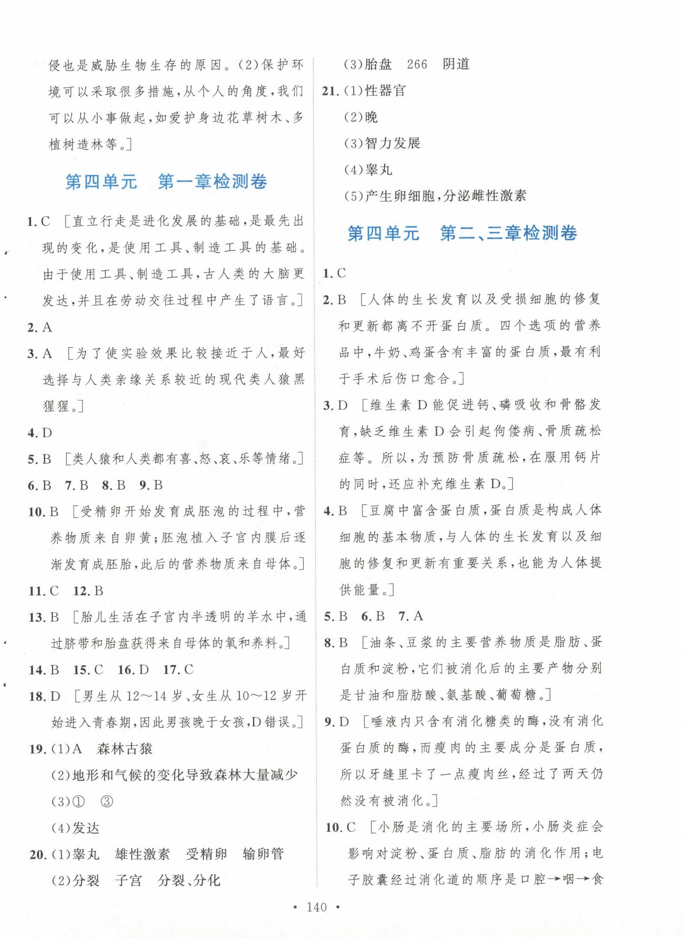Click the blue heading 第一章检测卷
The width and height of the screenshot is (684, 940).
212,182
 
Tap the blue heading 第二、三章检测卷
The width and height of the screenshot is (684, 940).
508,233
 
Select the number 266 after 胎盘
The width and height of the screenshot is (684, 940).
417,64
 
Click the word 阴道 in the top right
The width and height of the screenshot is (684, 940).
456,64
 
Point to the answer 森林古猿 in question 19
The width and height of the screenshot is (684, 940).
125,748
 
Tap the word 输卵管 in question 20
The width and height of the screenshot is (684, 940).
263,854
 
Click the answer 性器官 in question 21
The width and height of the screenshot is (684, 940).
385,91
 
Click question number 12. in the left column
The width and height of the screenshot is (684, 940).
80,591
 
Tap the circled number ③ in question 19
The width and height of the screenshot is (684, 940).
107,801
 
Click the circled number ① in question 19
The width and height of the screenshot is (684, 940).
78,801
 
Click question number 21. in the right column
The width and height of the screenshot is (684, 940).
331,91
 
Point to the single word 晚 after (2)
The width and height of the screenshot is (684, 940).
371,117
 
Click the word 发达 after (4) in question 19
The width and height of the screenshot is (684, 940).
86,828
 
